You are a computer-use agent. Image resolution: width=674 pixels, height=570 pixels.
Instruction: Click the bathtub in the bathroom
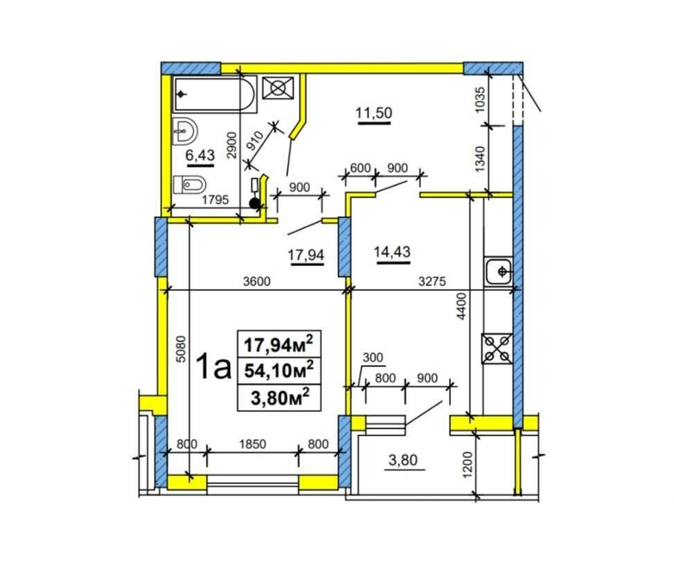point(215,94)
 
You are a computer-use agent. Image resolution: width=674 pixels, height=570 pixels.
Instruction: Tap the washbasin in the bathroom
point(185,131)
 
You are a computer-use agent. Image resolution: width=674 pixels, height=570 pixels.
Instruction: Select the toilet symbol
point(189,185)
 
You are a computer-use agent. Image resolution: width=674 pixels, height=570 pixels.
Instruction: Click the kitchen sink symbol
point(498,271)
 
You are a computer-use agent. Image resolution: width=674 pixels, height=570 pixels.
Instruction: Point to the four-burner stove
point(497,348)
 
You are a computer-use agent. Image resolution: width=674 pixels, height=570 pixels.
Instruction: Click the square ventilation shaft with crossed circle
point(278,88)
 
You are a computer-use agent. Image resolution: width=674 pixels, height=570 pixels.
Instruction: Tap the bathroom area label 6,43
point(200,154)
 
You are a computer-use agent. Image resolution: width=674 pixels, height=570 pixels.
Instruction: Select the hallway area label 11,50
point(374,113)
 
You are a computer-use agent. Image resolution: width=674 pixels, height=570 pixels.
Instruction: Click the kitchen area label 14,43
point(392,251)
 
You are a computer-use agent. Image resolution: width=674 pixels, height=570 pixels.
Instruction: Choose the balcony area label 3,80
point(402,460)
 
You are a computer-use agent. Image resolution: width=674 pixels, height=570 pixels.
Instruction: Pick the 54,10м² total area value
point(278,370)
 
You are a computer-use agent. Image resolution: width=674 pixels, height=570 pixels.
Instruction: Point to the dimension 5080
point(181,348)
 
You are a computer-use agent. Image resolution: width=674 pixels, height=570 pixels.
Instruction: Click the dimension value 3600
point(256,282)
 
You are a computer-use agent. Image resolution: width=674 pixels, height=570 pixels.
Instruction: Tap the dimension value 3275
point(432,282)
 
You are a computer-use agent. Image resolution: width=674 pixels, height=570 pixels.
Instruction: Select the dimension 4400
point(461,306)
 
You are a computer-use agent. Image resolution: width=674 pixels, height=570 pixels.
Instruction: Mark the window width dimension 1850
point(253,444)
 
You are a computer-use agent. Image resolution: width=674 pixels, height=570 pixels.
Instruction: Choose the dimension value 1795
point(215,199)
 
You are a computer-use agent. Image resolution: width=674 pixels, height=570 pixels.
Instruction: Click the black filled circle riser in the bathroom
point(255,204)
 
